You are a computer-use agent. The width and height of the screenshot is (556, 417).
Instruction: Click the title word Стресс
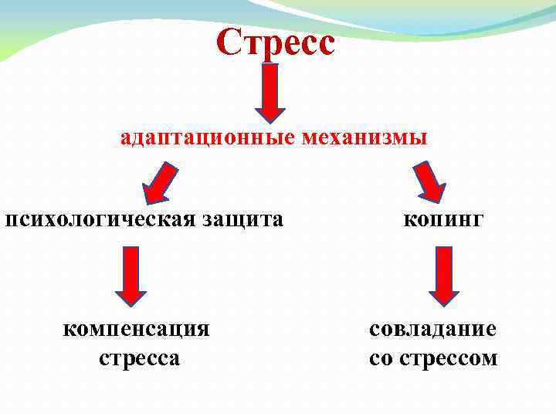click(276, 42)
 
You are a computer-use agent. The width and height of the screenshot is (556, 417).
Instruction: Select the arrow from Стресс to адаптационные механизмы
click(270, 92)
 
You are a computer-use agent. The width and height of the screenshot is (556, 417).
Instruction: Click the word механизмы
click(364, 139)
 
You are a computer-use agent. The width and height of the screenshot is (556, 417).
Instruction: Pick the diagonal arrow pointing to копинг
click(429, 181)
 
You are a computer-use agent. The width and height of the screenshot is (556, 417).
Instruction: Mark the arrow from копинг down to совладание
click(444, 275)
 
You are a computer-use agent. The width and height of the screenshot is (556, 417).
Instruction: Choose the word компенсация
click(136, 329)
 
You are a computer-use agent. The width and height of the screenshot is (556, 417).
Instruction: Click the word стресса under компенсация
click(140, 358)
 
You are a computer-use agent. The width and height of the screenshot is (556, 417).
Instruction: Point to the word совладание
click(432, 329)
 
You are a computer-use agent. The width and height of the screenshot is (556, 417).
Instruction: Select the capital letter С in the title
click(229, 42)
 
